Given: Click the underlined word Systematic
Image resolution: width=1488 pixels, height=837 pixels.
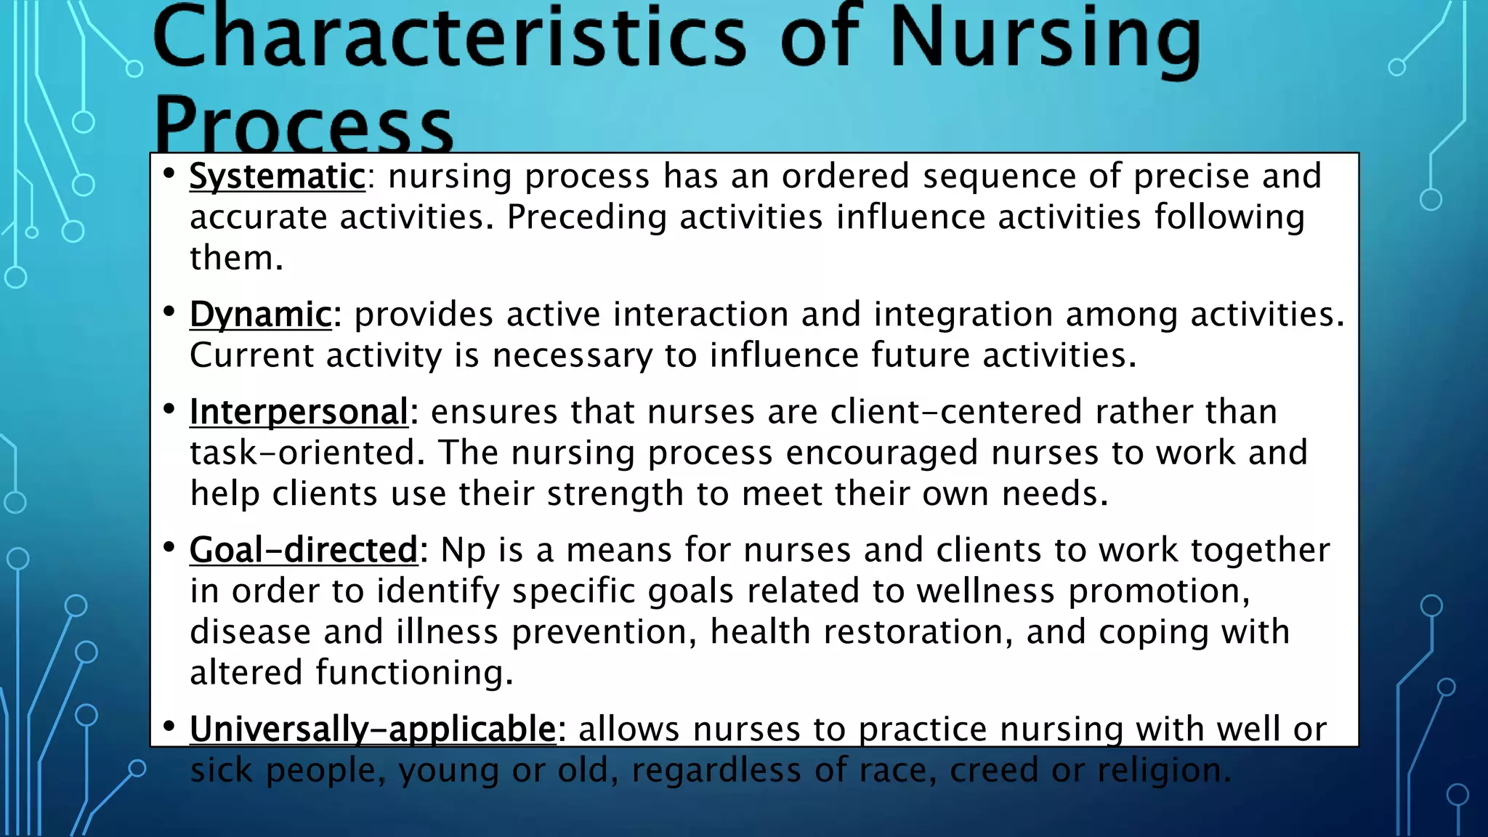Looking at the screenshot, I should pos(277,177).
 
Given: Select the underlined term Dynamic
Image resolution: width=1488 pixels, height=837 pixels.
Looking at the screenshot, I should pos(260,315).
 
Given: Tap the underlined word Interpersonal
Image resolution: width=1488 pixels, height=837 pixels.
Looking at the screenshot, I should pos(299,412).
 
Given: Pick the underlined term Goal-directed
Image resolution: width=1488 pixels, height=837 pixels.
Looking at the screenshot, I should pos(304,550).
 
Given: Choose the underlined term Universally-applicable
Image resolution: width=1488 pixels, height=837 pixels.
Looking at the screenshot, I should pos(373,729).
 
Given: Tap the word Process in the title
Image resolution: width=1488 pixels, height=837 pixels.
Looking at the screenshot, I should pos(303,125).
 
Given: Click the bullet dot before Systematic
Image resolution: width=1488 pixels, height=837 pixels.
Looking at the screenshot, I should pos(169,174).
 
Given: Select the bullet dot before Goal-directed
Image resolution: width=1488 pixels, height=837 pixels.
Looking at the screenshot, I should pos(169,546).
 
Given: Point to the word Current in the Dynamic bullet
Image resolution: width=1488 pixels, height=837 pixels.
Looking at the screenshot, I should pos(251,355).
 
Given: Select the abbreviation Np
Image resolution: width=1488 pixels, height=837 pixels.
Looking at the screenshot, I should pos(462,551).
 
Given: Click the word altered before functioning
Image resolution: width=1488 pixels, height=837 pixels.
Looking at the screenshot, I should pos(246,672).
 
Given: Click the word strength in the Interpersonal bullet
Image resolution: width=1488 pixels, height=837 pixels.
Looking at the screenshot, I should pos(615,494).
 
